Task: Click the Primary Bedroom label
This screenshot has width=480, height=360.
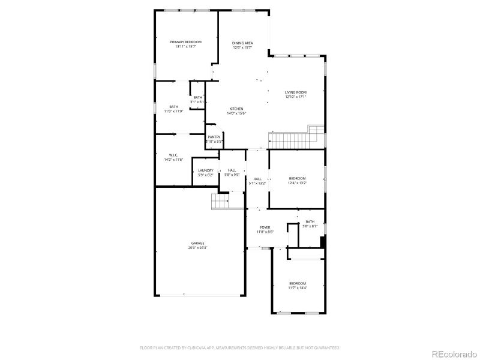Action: coord(185,42)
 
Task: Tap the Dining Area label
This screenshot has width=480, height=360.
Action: coord(242,43)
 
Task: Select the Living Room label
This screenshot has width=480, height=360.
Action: coord(295,92)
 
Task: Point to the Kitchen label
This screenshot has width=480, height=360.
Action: coord(235,109)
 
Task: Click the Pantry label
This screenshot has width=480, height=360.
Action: coord(214,137)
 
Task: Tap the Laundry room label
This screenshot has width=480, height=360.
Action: coord(205,170)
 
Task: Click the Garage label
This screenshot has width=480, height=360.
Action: coord(198,243)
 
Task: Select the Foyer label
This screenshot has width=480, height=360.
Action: coord(265,227)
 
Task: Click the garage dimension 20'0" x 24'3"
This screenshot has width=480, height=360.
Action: coord(198,247)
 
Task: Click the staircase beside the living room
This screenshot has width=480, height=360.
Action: coord(294,140)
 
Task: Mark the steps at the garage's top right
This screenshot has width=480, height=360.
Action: coord(221,202)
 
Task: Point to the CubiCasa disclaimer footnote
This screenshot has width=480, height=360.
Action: coord(240,347)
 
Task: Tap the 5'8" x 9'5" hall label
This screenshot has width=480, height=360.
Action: coord(232,172)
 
